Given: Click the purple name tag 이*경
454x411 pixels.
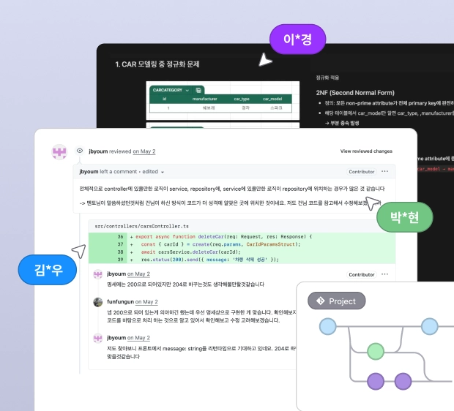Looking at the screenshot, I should pos(297,39).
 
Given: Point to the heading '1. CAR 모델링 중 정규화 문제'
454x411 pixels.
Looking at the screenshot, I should pos(157,65).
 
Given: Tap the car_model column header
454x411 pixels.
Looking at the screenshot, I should pos(272,98).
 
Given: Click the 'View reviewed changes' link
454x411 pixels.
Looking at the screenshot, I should pos(366,151).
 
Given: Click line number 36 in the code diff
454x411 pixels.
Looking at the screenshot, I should pos(119,237).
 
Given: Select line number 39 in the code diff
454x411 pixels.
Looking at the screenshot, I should pos(119,259).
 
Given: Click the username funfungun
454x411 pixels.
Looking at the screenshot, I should pos(122,301).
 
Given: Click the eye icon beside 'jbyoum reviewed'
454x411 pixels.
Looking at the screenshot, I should pos(79,151).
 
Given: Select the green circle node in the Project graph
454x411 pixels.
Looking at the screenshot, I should pos(375,352).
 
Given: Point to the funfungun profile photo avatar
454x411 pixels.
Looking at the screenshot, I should pos(97,301).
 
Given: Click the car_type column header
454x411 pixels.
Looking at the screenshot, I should pos(242,98).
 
